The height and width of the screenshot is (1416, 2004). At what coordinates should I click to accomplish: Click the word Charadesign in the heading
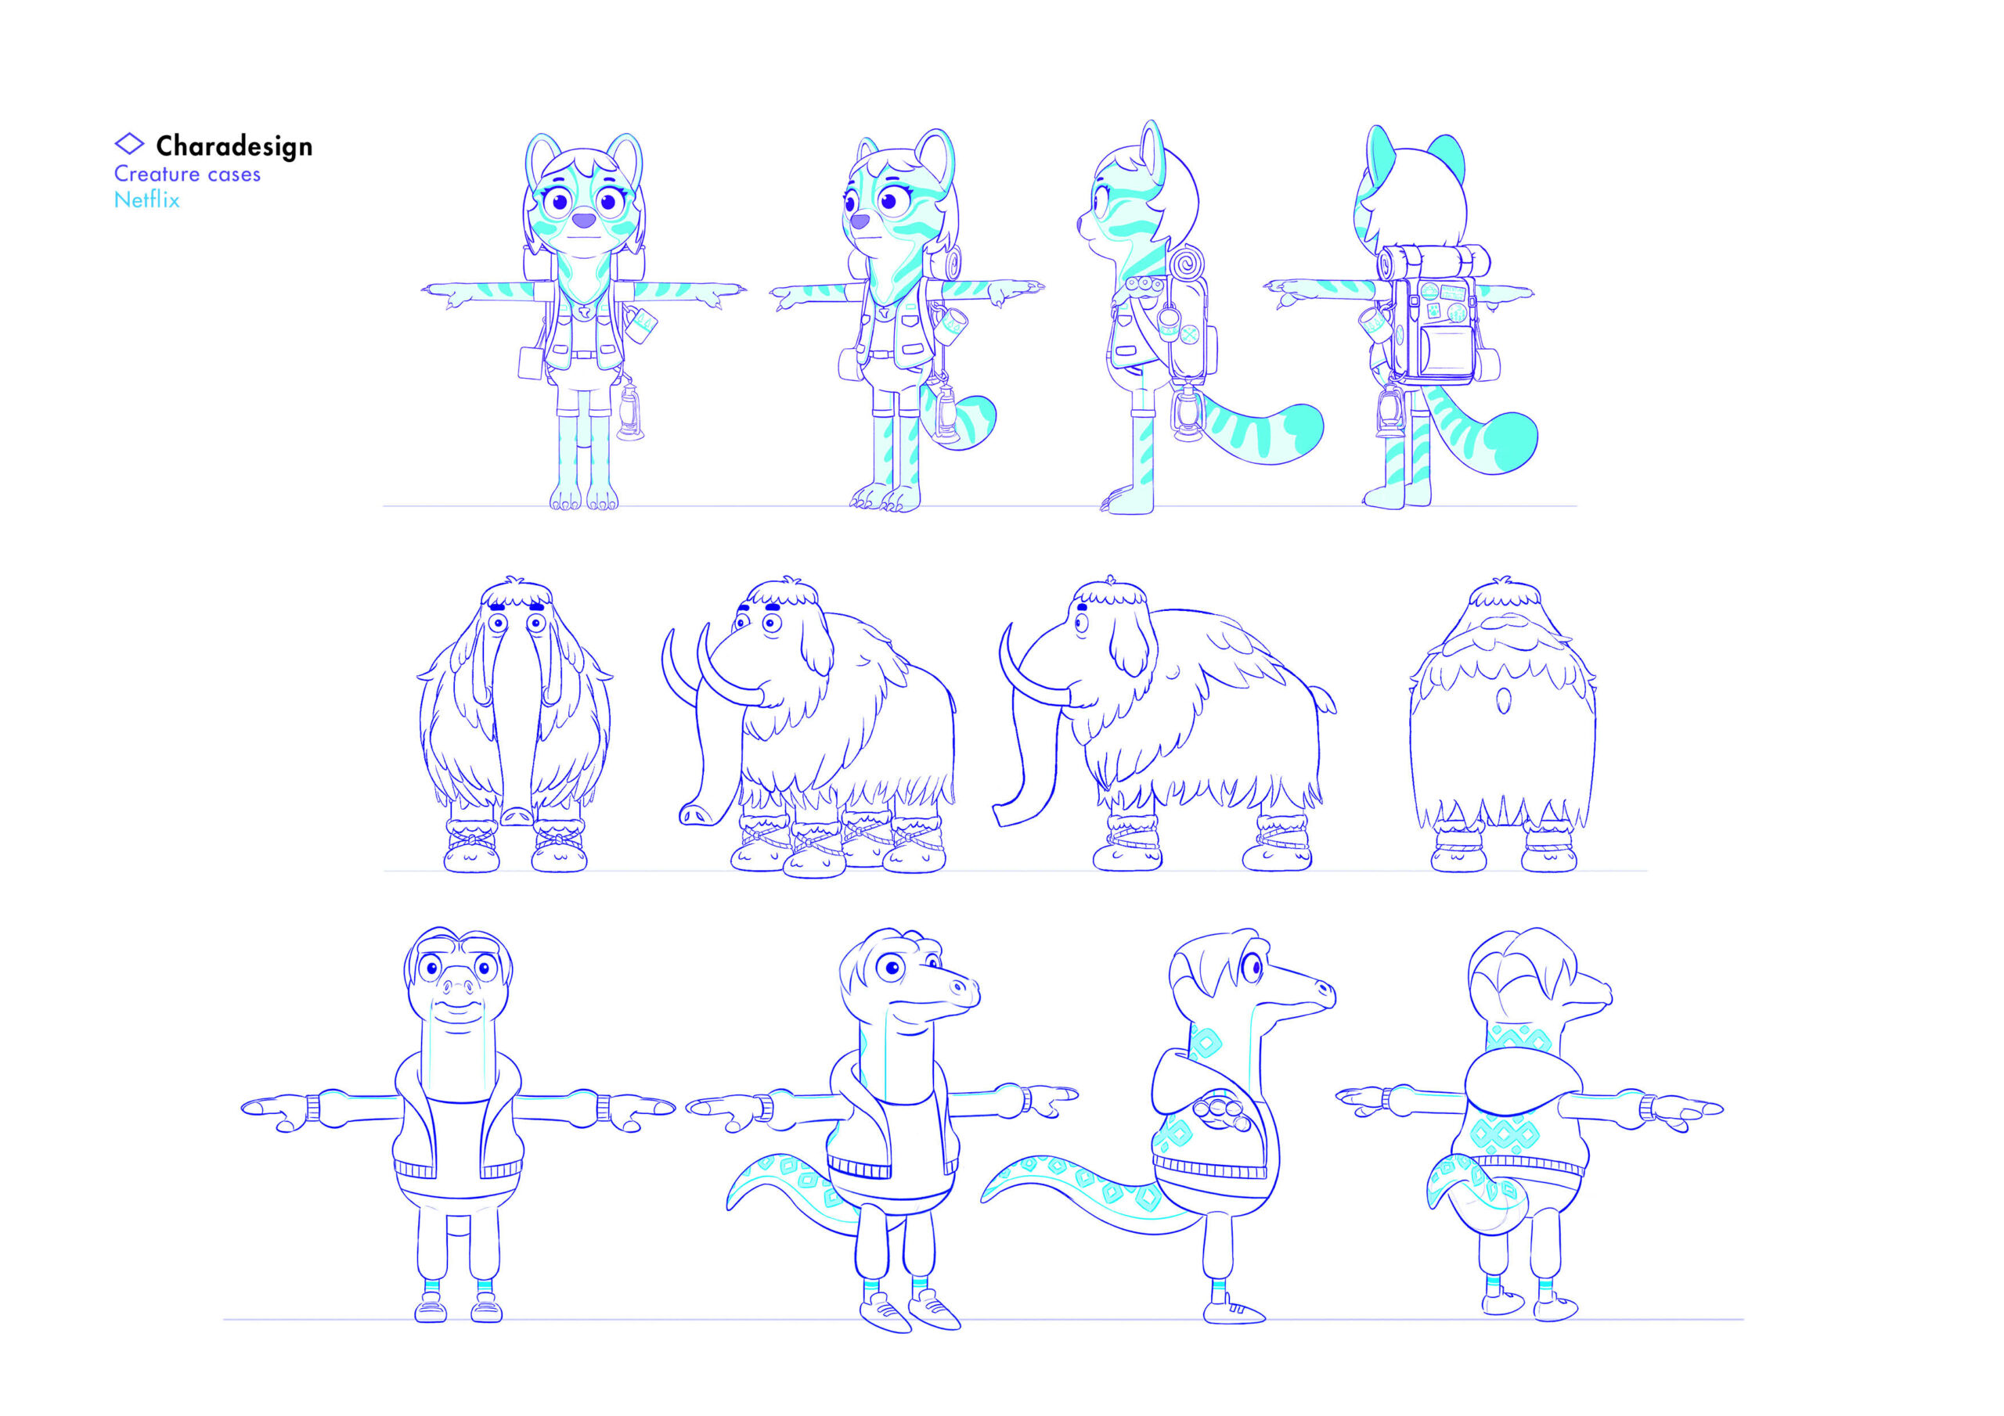click(x=234, y=146)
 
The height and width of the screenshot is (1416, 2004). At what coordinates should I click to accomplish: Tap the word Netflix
click(x=146, y=199)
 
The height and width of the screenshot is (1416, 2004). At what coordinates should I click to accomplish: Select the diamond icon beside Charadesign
click(x=129, y=143)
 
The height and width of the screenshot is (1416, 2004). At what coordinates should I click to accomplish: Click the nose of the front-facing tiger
click(x=583, y=221)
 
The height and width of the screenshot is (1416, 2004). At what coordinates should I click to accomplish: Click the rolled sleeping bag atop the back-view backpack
click(x=1433, y=261)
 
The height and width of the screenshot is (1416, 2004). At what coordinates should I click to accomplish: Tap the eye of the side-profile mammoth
click(x=1083, y=622)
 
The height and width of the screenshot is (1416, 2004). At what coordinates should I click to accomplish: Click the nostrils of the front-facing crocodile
click(x=458, y=987)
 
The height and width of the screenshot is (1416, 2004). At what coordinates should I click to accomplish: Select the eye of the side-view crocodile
click(x=1251, y=967)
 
